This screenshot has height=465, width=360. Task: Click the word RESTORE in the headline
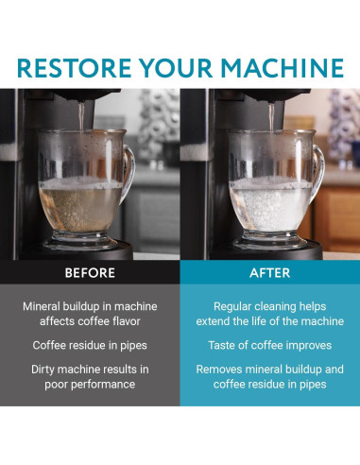pos(74,68)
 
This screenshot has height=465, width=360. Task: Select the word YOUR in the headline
pos(176,68)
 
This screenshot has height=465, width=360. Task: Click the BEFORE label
pos(90,273)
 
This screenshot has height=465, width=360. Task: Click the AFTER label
pos(270,273)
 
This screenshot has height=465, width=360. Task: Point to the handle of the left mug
pos(129,173)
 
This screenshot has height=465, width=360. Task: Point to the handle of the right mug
pos(319,173)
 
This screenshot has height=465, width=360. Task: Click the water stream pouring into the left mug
pos(81,116)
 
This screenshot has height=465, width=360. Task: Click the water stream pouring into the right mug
pos(271,116)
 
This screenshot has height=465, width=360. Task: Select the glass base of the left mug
pos(80,242)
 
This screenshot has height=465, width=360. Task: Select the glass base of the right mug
pos(270,242)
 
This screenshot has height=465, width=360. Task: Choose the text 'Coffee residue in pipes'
pos(90,346)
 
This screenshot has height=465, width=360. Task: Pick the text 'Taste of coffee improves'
pos(270,346)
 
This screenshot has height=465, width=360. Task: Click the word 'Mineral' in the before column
pos(42,306)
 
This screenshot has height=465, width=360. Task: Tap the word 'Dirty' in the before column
pos(43,370)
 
